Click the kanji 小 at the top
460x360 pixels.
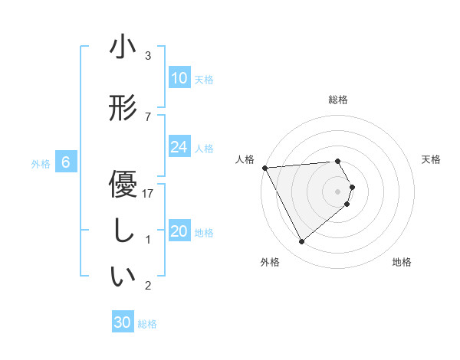[x=123, y=48]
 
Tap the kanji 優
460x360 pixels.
[x=123, y=186]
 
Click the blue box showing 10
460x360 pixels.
[x=179, y=78]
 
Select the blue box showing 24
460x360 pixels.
[x=179, y=147]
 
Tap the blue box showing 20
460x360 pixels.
[x=179, y=232]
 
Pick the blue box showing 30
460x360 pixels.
[x=123, y=322]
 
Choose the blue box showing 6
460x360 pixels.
[x=66, y=162]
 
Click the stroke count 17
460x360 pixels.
[x=149, y=194]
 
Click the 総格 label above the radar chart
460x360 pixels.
[x=338, y=100]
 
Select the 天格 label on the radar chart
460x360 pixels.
[x=432, y=159]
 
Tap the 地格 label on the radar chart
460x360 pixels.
[x=402, y=263]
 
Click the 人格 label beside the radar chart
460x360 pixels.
[x=245, y=159]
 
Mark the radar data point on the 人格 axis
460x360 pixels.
[x=264, y=167]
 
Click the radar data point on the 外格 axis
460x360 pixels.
[x=301, y=242]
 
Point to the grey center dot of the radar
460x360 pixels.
[x=338, y=191]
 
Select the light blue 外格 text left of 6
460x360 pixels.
[x=40, y=163]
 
